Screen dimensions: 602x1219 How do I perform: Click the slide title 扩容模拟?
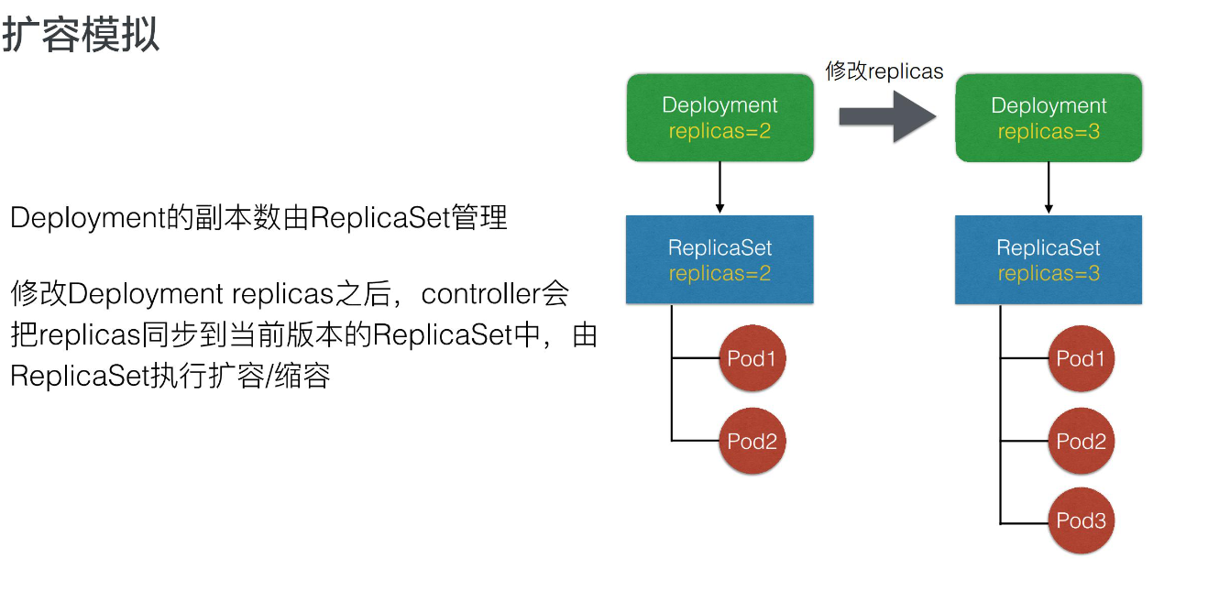[x=81, y=35]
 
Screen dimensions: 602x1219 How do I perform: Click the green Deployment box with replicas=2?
[x=719, y=118]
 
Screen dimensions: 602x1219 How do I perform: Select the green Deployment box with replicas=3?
[x=1049, y=118]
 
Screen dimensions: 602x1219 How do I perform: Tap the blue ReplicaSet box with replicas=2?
[x=719, y=259]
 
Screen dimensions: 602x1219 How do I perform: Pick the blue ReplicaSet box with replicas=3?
[x=1049, y=259]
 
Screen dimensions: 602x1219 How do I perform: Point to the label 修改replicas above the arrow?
[x=884, y=71]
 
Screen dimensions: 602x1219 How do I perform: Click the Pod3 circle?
[x=1082, y=520]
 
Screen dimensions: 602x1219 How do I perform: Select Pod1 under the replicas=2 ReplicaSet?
[x=752, y=358]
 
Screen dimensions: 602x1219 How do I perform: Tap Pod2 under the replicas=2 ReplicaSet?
[x=752, y=441]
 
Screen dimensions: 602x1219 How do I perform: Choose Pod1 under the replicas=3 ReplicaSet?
[x=1082, y=358]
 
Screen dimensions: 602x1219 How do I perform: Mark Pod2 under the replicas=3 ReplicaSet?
[x=1082, y=441]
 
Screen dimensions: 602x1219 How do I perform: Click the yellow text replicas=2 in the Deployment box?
[x=719, y=131]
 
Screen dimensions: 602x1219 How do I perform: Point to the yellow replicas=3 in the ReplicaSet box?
[x=1049, y=273]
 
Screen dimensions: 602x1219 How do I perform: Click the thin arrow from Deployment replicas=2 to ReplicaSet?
[x=720, y=188]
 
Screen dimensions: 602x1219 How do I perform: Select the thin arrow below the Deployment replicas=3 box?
[x=1049, y=188]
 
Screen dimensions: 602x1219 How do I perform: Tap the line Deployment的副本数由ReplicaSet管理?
[x=258, y=219]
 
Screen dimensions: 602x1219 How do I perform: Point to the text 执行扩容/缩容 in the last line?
[x=239, y=376]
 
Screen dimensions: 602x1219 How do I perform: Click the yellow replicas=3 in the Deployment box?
[x=1049, y=131]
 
